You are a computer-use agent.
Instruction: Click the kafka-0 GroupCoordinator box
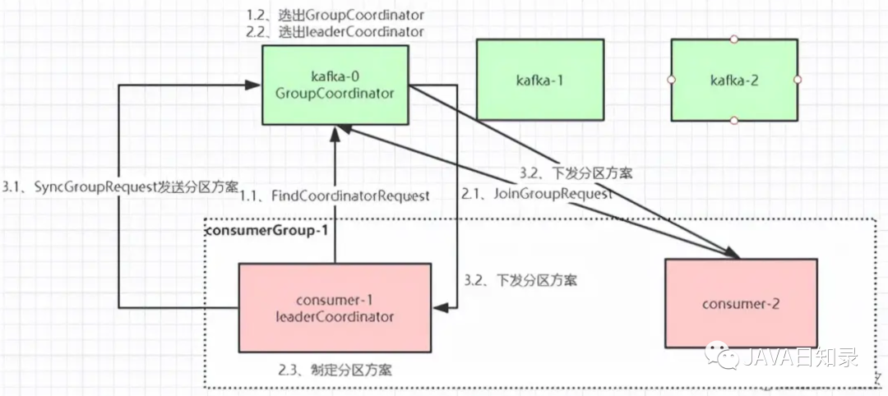pyautogui.click(x=335, y=85)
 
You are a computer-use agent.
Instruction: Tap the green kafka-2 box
pyautogui.click(x=733, y=80)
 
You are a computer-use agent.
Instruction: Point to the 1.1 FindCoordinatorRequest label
pyautogui.click(x=335, y=196)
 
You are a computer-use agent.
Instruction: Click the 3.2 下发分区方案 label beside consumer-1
pyautogui.click(x=520, y=280)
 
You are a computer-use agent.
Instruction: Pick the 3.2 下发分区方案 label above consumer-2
pyautogui.click(x=576, y=173)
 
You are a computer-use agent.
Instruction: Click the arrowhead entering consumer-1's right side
pyautogui.click(x=440, y=306)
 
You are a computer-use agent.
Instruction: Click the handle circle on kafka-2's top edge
pyautogui.click(x=733, y=39)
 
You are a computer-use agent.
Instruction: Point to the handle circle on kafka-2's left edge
pyautogui.click(x=671, y=80)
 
